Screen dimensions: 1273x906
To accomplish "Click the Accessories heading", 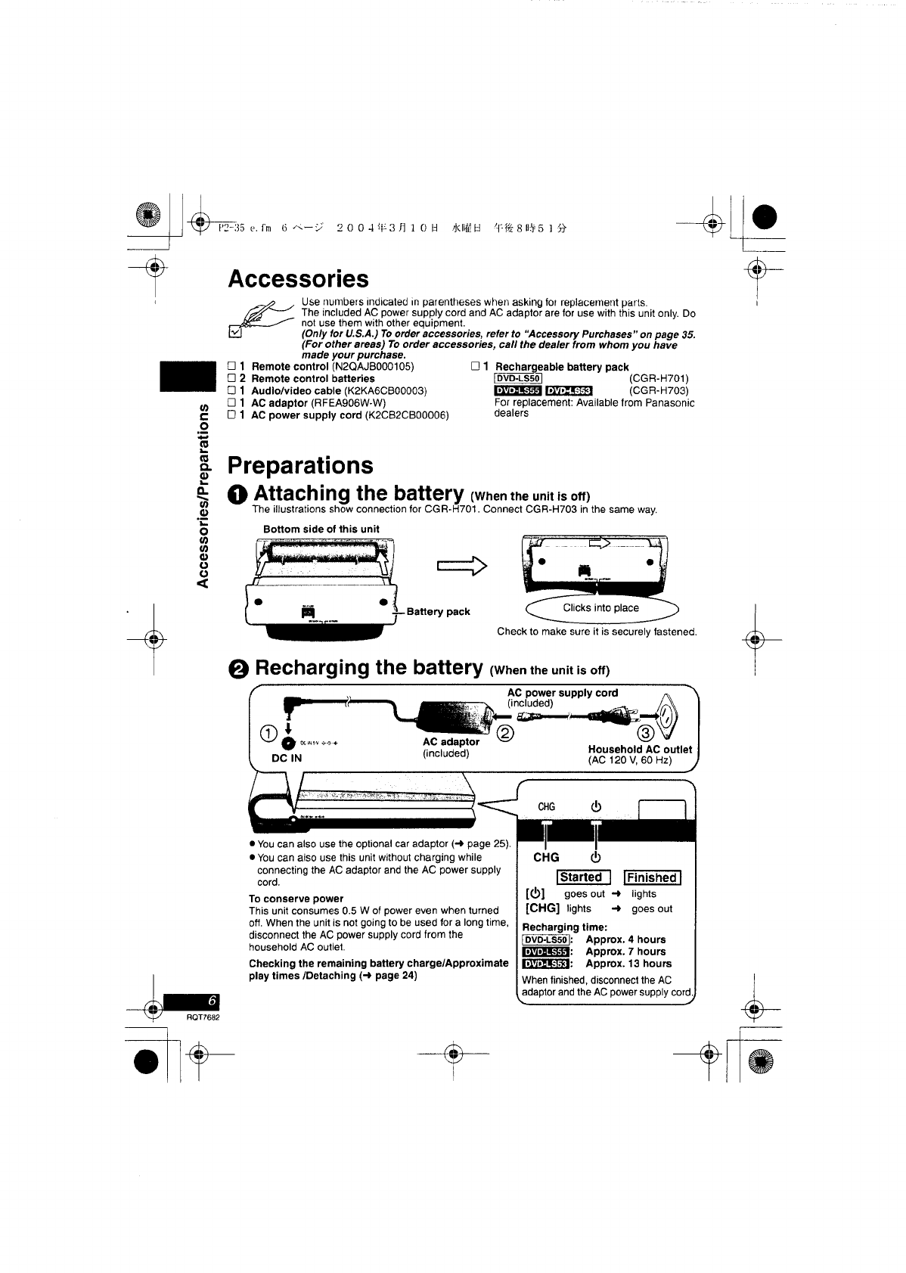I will pos(298,278).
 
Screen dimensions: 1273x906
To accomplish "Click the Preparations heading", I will pos(300,464).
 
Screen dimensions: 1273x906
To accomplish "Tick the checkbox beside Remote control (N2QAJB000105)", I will pos(232,367).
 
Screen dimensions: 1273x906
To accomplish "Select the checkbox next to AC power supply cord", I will pos(232,415).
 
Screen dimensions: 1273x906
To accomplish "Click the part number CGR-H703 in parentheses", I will pos(659,391).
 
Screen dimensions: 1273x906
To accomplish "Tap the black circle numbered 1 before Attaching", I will pos(237,495).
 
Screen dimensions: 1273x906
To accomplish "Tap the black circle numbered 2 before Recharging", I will pos(238,669).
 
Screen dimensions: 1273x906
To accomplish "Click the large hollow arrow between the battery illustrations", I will pos(462,565).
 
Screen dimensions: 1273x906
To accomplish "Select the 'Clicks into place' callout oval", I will pos(600,608).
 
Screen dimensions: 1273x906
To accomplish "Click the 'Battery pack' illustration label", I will pos(438,612).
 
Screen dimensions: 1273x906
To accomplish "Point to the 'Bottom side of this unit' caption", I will pos(321,529).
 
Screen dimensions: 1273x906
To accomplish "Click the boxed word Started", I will pos(582,877).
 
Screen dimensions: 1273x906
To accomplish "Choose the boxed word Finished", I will pos(652,877).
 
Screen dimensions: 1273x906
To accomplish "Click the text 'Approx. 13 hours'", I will pos(628,964).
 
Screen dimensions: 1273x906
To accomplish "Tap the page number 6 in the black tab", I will pos(212,1001).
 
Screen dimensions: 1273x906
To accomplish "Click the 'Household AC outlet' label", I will pos(640,750).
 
